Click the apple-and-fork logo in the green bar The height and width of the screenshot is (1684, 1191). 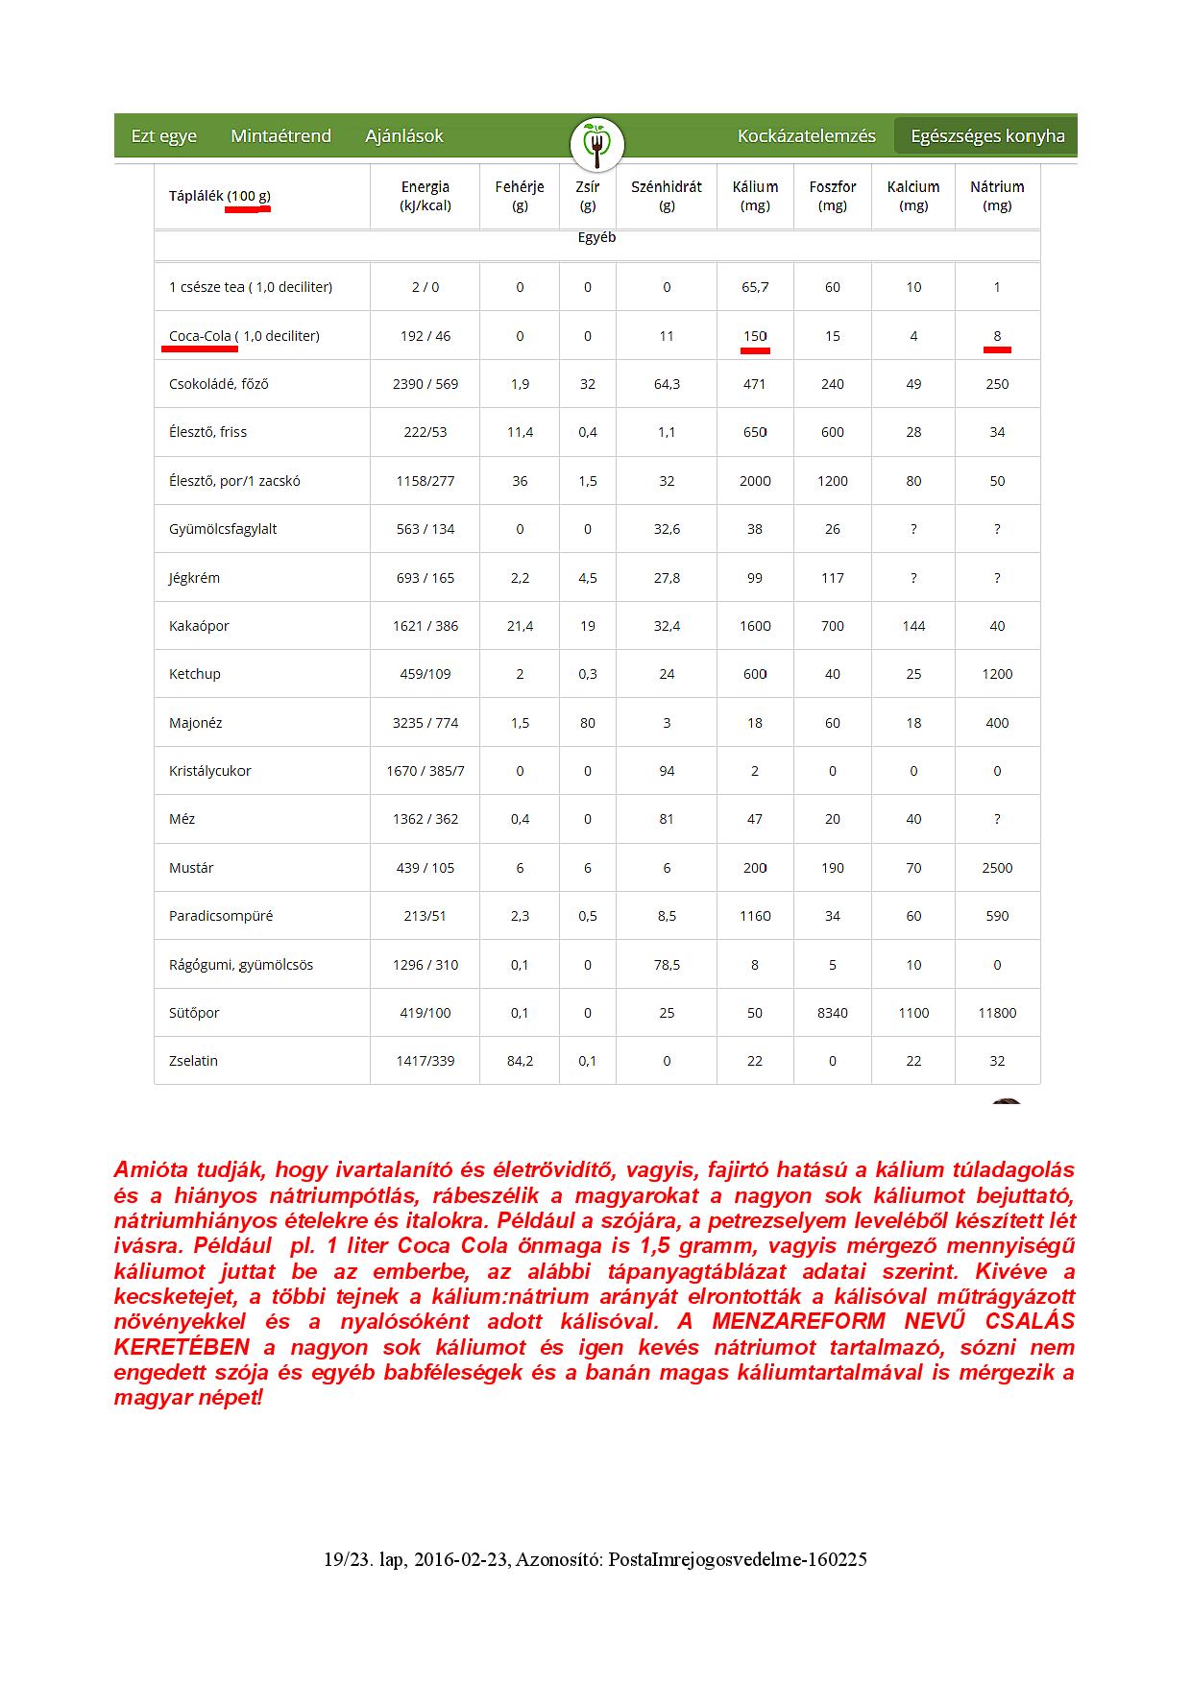pyautogui.click(x=596, y=144)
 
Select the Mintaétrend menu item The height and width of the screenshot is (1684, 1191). pyautogui.click(x=280, y=136)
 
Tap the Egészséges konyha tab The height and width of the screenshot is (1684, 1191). pyautogui.click(x=987, y=136)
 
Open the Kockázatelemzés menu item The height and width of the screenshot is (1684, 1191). pyautogui.click(x=806, y=136)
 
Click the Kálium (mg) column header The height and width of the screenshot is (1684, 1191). pyautogui.click(x=755, y=196)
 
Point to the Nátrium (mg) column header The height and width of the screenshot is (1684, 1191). pyautogui.click(x=997, y=196)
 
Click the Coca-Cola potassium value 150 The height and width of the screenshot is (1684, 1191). pyautogui.click(x=755, y=336)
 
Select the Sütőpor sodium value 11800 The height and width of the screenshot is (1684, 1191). pyautogui.click(x=997, y=1013)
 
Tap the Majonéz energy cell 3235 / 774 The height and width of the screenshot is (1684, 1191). pyautogui.click(x=425, y=723)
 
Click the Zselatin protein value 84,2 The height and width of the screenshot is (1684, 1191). pyautogui.click(x=520, y=1061)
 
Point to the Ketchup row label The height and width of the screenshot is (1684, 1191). pyautogui.click(x=195, y=674)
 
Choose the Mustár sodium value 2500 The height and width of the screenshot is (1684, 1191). pyautogui.click(x=997, y=868)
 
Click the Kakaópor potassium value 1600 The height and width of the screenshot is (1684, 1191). pyautogui.click(x=755, y=626)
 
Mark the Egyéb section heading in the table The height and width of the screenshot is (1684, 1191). pyautogui.click(x=596, y=237)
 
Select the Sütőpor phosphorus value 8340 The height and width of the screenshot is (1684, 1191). pyautogui.click(x=833, y=1013)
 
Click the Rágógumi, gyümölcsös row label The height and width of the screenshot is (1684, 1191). pyautogui.click(x=241, y=965)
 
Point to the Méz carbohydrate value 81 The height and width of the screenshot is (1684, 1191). pyautogui.click(x=667, y=819)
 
